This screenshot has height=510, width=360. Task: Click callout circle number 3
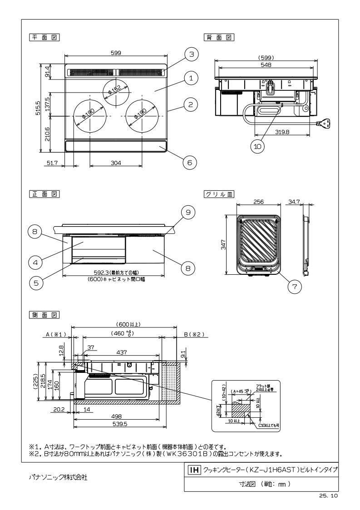(x=192, y=54)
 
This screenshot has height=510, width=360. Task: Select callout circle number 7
(x=295, y=287)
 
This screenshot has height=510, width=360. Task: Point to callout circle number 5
(x=36, y=282)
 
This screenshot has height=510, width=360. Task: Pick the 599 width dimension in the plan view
(x=116, y=53)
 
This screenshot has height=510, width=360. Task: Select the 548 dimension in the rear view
(x=266, y=65)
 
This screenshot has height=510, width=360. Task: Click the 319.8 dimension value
(x=281, y=132)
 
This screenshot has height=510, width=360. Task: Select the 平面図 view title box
(x=44, y=37)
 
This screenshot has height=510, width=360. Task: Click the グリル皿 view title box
(x=219, y=194)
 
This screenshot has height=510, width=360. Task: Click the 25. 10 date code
(x=328, y=496)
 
